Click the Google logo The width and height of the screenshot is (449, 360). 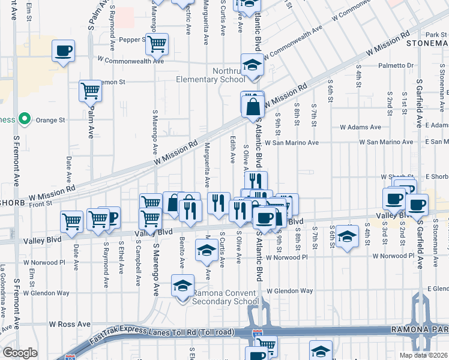tap(20, 353)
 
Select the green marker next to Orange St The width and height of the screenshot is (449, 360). tap(25, 120)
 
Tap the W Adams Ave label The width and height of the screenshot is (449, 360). tap(360, 127)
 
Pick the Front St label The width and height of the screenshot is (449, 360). tap(41, 204)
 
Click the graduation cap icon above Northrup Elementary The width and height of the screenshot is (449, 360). tap(253, 65)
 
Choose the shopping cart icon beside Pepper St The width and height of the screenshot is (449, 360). tap(157, 43)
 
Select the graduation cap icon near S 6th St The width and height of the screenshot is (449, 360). tap(347, 236)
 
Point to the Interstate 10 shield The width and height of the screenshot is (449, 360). tap(257, 332)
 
